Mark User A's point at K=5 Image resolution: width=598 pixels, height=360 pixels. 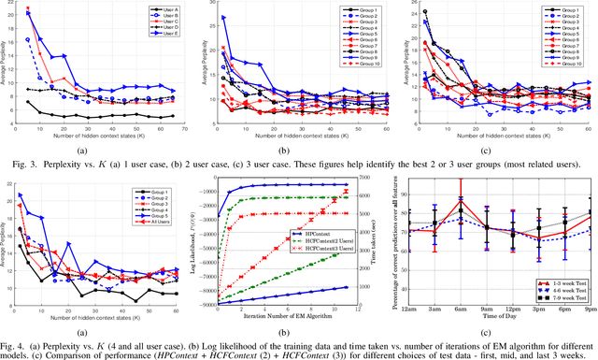(27, 102)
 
